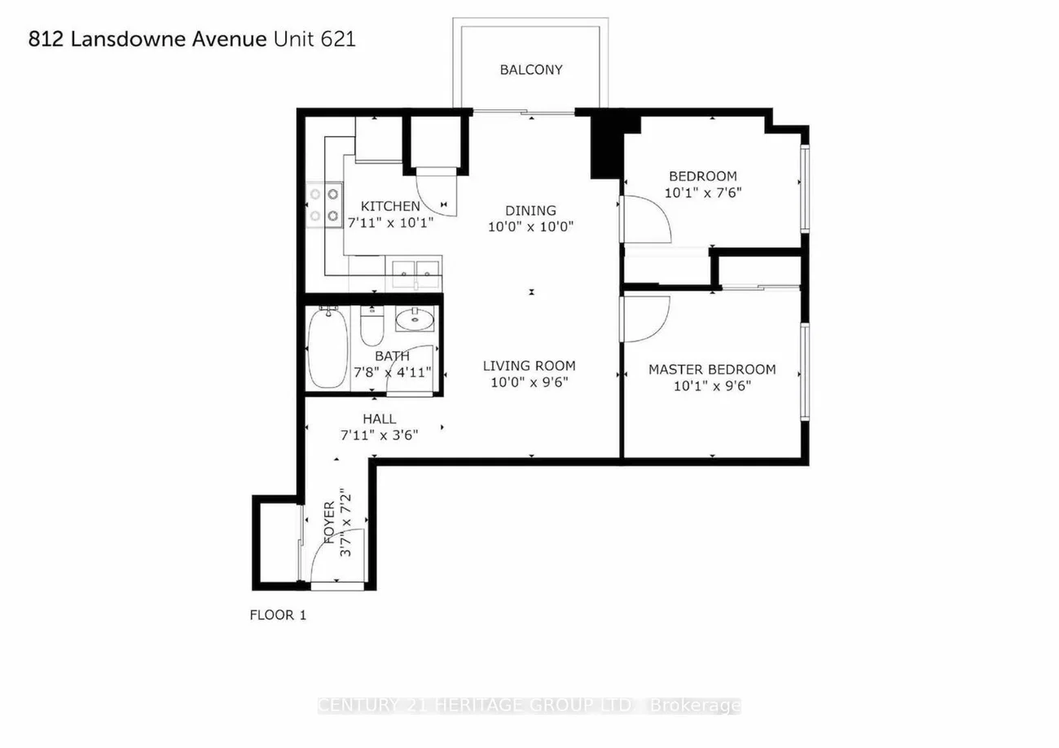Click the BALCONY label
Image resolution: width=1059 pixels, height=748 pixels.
pos(531,70)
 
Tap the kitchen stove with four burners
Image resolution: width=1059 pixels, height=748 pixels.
pos(324,205)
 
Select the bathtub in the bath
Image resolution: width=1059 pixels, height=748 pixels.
pos(327,348)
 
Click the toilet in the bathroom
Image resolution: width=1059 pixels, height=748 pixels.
pos(372,326)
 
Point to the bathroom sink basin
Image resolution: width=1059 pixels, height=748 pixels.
pos(415,320)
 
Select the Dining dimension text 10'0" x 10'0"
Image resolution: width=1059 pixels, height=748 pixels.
pos(530,227)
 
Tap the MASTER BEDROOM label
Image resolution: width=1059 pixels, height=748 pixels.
pos(712,369)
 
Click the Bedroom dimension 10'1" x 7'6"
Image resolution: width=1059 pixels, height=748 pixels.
pos(703,193)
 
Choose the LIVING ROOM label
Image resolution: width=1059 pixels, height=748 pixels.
pos(529,366)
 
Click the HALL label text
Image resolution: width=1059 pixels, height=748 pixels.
pos(379,419)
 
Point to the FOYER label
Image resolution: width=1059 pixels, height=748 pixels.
pos(329,523)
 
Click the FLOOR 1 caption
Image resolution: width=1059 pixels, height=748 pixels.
pos(278,615)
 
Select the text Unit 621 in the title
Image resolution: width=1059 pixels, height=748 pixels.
pos(314,39)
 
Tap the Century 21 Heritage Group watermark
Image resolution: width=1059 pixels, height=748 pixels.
pos(529,706)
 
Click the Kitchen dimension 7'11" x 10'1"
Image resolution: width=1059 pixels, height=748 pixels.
pos(390,222)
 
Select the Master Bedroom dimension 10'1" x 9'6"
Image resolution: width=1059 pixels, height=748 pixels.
pos(712,386)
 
